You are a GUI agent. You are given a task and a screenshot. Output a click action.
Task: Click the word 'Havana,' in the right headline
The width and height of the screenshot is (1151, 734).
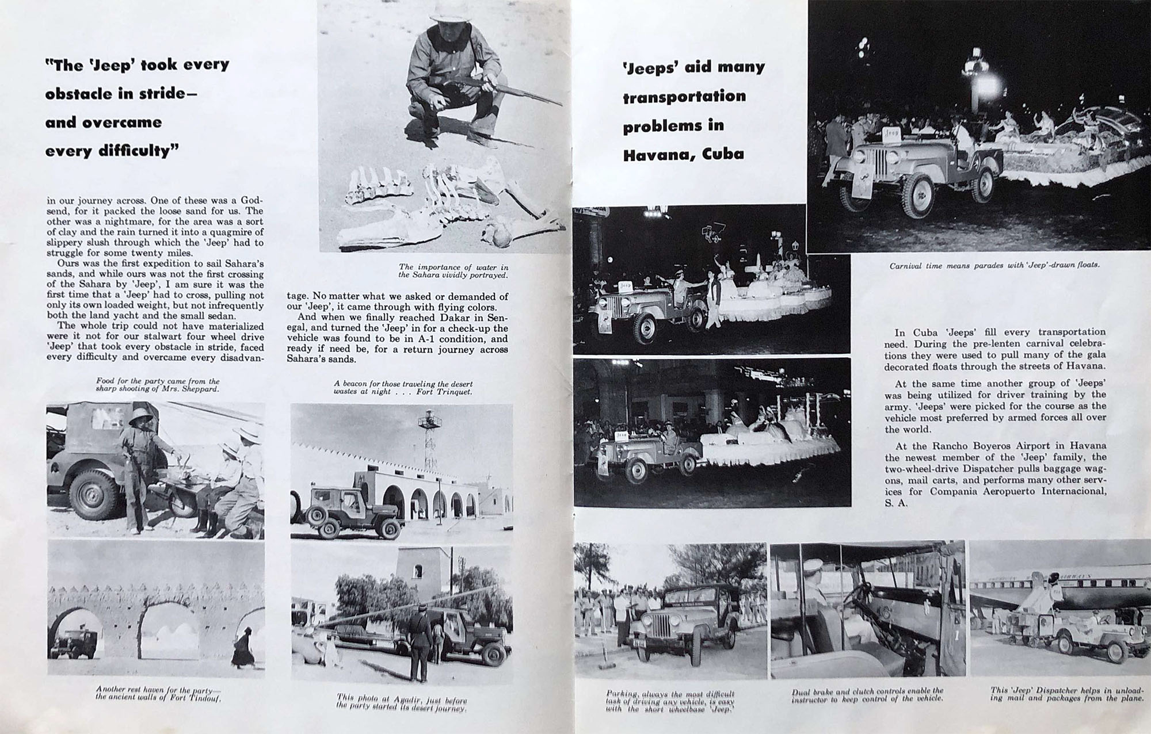pos(653,154)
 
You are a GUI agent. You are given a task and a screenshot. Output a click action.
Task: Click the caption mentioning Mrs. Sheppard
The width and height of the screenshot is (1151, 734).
pos(158,384)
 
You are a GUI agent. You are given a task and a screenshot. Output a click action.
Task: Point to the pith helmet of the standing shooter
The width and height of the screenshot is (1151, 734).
pos(140,419)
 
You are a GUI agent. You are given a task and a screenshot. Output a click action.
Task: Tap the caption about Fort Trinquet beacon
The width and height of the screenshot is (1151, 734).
pos(403,387)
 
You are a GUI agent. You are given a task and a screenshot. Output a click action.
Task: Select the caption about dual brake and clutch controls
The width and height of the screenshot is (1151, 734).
pos(867,694)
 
